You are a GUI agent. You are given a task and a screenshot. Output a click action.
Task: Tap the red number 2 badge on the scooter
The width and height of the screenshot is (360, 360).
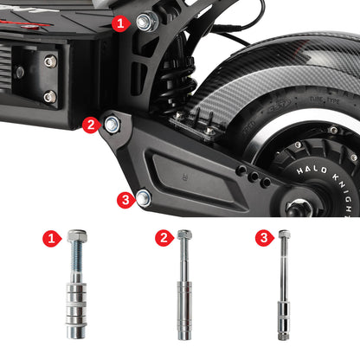[x=90, y=125]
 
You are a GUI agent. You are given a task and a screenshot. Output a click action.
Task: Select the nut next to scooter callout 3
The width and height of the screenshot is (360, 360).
[x=144, y=198]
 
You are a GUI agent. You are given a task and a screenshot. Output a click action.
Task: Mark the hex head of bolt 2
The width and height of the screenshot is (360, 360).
[x=183, y=235]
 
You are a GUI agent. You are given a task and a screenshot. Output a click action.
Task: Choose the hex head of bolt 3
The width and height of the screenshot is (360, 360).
[x=284, y=235]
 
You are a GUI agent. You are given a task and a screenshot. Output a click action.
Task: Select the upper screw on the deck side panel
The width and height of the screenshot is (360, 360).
[x=50, y=61]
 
